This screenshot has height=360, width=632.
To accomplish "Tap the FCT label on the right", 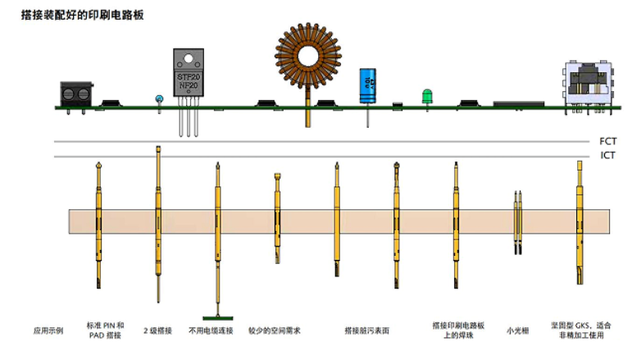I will point(607,141).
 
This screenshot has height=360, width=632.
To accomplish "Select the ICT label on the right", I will point(607,155).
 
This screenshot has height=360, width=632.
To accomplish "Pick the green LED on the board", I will point(426,96).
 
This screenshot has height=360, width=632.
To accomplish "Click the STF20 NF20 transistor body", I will point(188,81).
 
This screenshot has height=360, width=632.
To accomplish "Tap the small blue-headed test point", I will point(158,98).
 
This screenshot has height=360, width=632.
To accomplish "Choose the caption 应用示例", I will point(48,330).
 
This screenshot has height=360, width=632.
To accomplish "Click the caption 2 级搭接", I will point(157,330).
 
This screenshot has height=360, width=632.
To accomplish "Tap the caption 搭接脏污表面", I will point(366,330).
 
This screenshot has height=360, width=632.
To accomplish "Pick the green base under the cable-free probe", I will point(218,317).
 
